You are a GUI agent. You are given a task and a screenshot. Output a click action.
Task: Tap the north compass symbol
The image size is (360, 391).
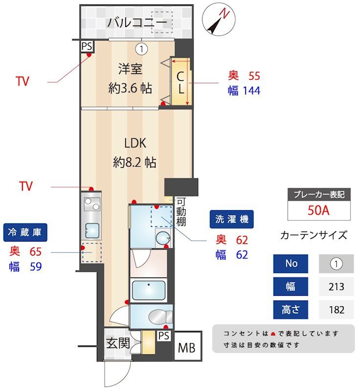pos(218,20)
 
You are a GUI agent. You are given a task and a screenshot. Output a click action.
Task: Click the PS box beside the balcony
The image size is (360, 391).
pos(87,46)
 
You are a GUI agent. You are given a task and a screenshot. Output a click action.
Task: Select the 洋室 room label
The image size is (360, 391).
pos(130,69)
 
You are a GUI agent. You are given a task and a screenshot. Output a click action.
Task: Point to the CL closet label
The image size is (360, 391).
pos(180,83)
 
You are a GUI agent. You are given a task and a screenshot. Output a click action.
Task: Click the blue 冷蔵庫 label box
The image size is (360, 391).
pos(25,233)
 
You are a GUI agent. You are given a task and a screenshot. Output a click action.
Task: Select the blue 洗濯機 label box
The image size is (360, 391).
pos(232,219)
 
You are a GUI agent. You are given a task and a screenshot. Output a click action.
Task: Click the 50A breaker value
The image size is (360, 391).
pos(319,211)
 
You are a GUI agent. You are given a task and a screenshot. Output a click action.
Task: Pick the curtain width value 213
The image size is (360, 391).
pos(337,286)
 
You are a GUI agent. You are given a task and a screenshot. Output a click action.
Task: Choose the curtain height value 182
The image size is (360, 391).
pos(337,309)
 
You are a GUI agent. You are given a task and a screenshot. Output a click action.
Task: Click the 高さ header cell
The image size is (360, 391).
pos(291,309)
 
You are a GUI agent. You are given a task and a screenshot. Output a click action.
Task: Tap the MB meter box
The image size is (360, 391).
pos(186,348)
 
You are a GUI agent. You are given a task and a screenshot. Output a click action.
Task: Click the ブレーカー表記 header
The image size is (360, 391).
pos(319,194)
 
